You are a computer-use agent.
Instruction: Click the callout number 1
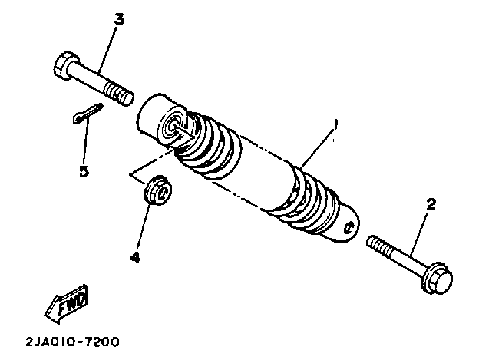coord(334,124)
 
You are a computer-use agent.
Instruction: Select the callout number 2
coord(431,204)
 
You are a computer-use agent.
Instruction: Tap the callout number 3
coord(119,18)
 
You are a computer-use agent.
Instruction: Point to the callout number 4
coord(135,258)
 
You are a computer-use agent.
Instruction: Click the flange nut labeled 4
coord(158,189)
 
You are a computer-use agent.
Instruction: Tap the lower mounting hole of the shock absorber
coord(349,227)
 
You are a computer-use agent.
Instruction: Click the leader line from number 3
coord(107,49)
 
